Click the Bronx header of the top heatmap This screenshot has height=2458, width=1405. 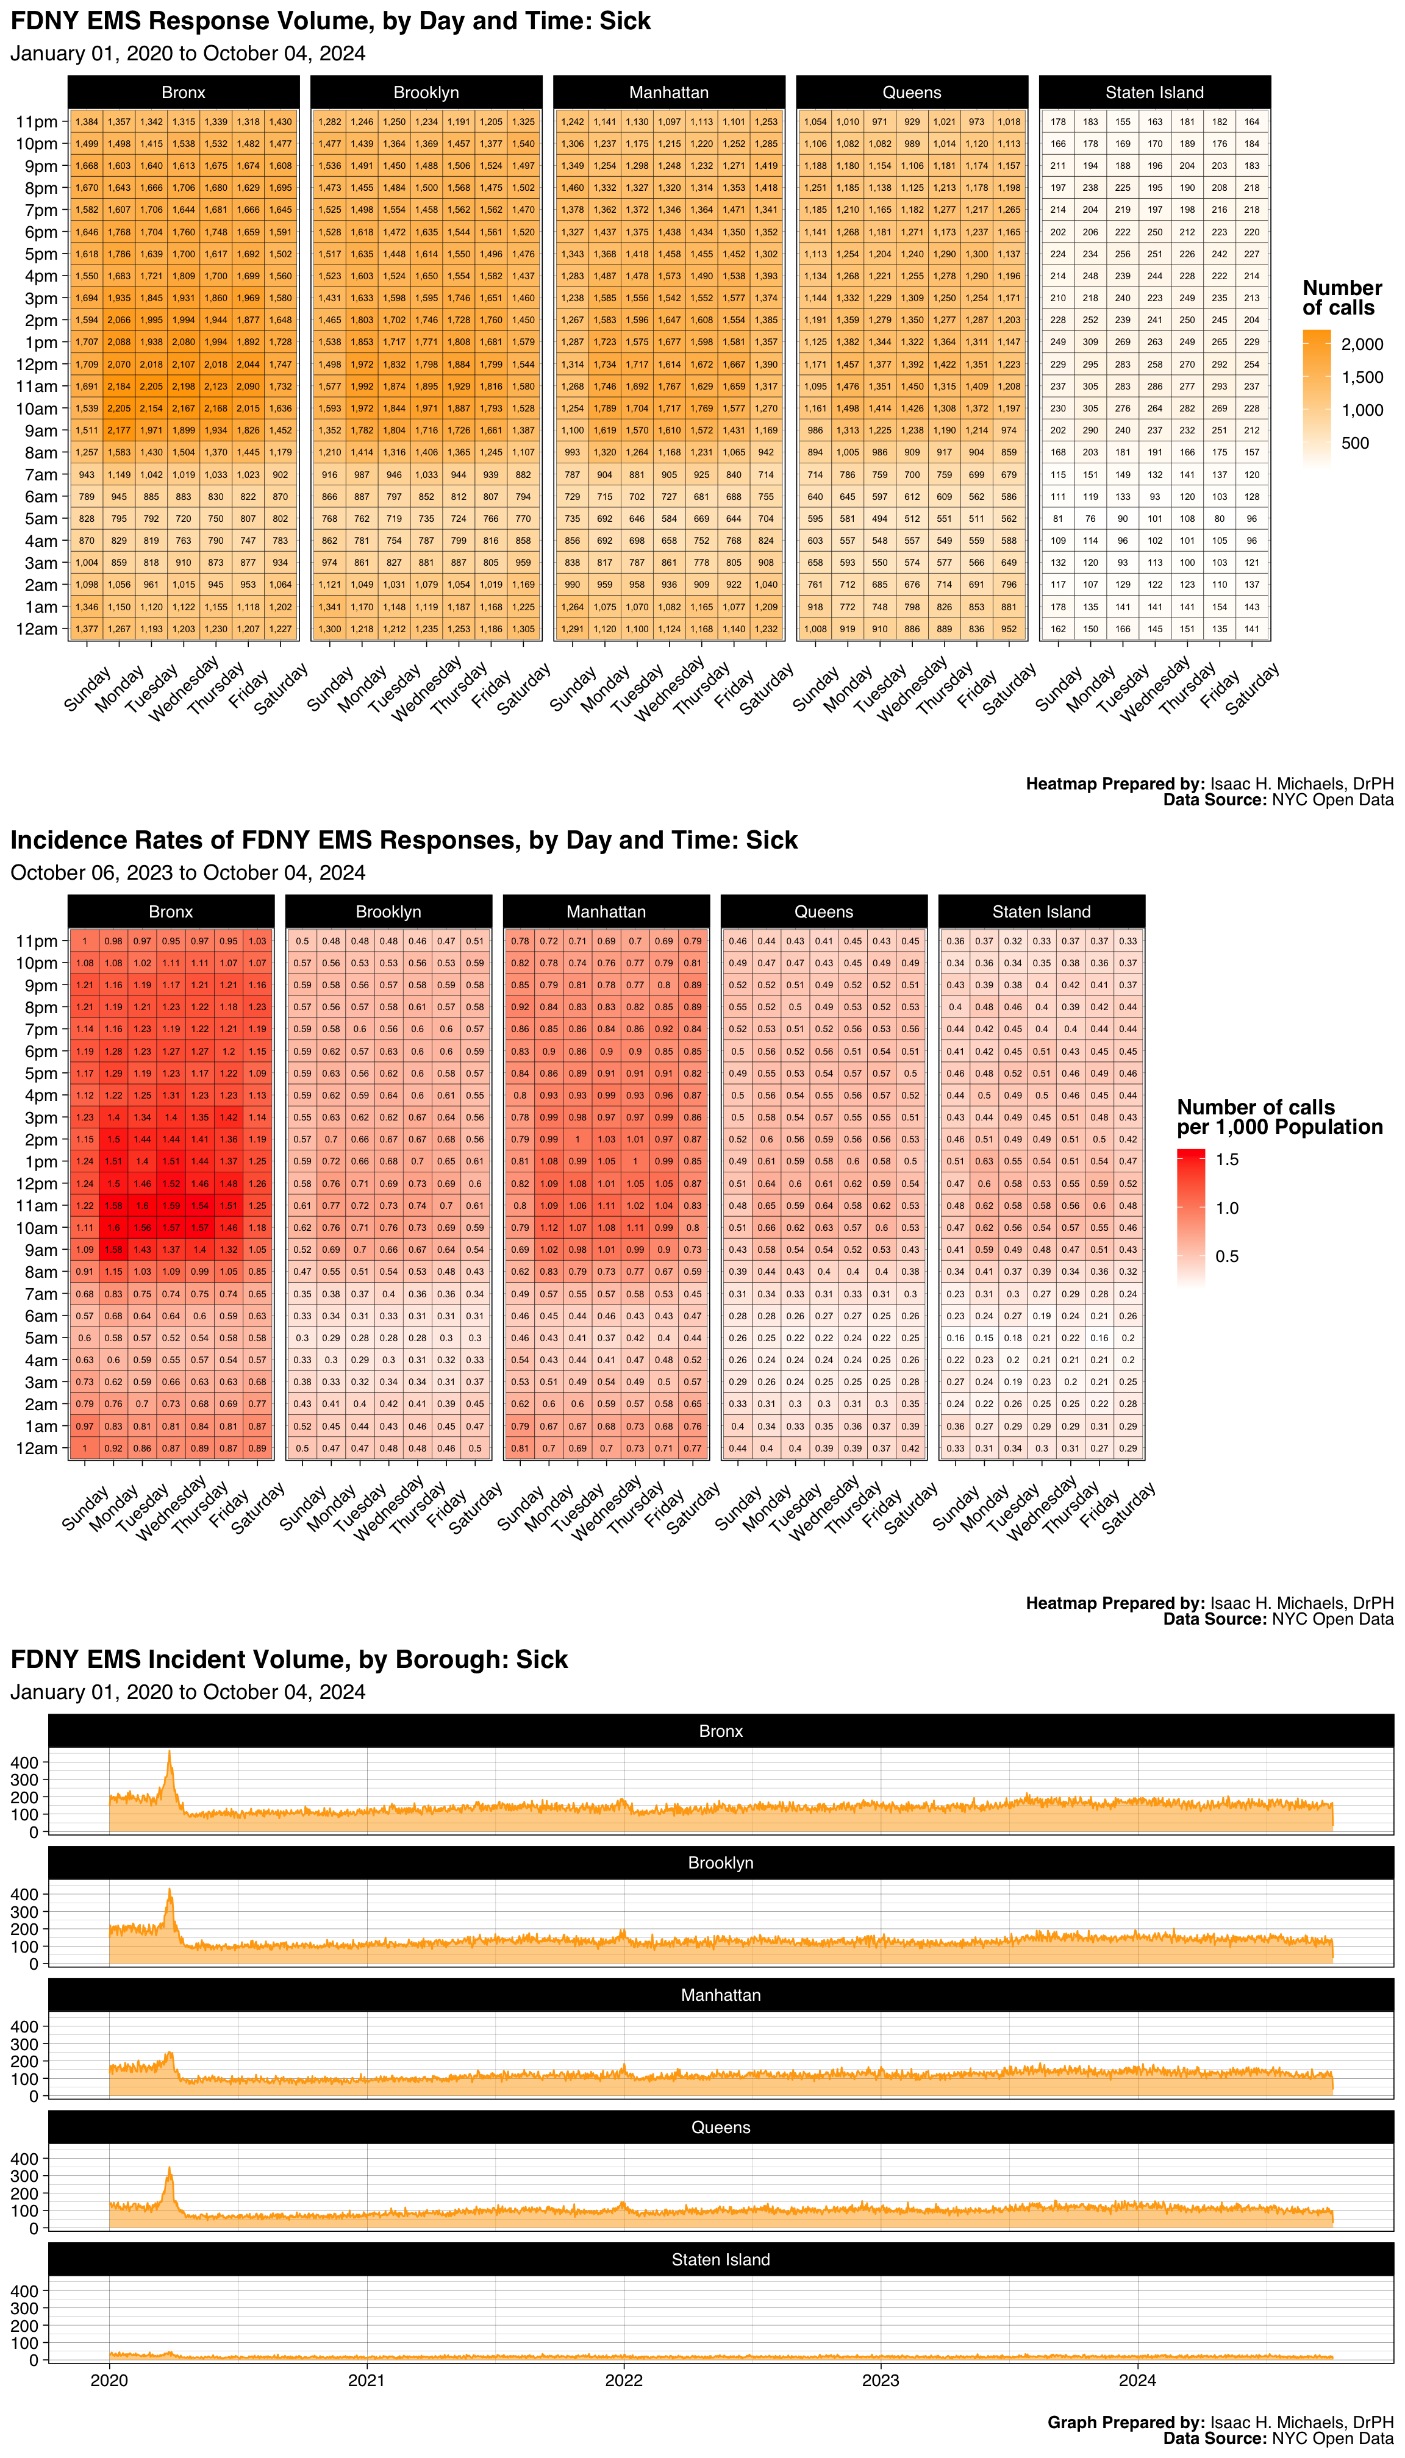tap(184, 93)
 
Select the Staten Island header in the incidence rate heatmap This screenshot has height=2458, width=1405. tap(1041, 911)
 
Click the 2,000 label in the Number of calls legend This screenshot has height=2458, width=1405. tap(1362, 344)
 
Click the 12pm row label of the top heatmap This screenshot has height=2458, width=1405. tap(37, 365)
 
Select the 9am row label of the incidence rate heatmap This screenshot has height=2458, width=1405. tap(40, 1250)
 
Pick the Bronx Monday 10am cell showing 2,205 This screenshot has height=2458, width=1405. tap(119, 408)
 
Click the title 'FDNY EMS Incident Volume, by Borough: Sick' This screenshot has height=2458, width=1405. tap(288, 1659)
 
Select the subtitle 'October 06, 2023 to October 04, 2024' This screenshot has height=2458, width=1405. tap(187, 873)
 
